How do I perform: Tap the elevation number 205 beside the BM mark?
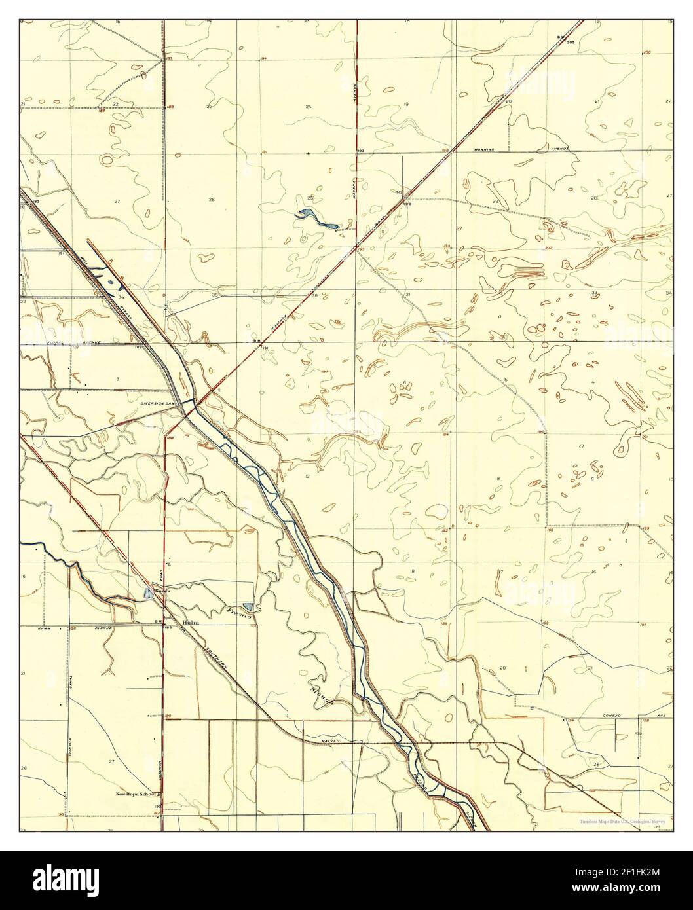pyautogui.click(x=569, y=42)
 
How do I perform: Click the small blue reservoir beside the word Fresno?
pyautogui.click(x=247, y=607)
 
